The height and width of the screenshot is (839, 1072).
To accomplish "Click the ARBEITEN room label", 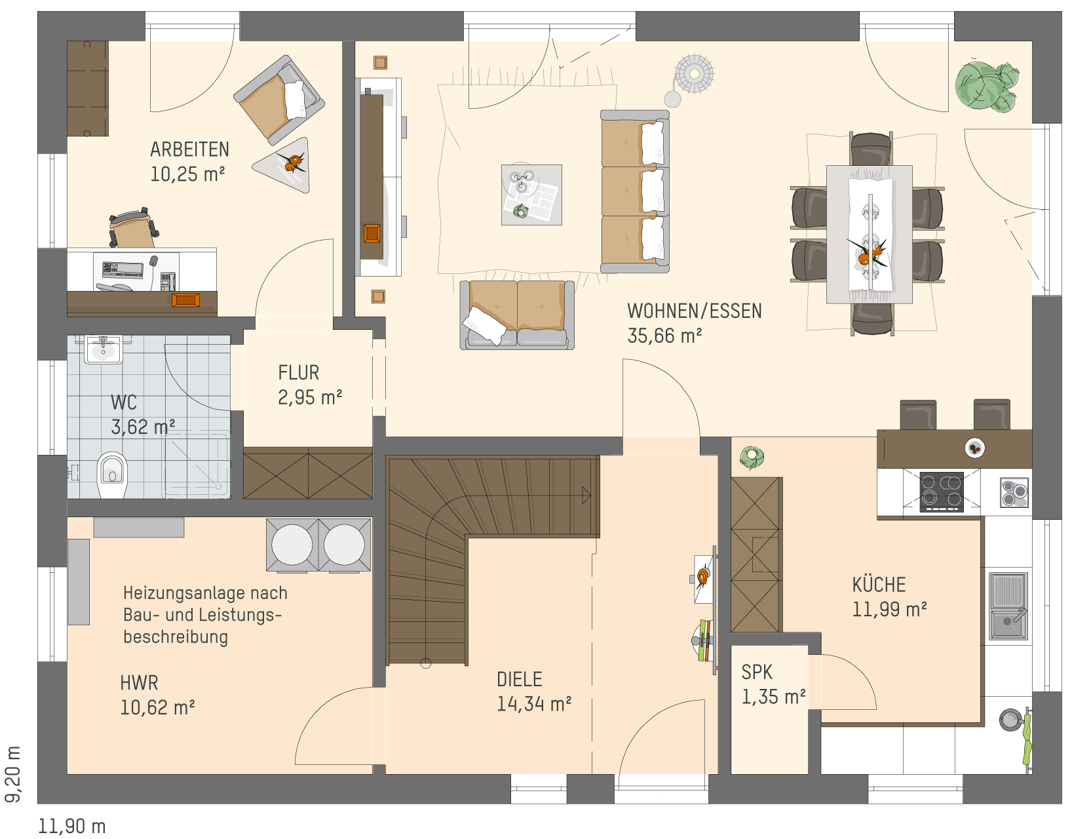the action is [x=189, y=149].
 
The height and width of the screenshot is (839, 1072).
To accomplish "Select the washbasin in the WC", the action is [x=103, y=349].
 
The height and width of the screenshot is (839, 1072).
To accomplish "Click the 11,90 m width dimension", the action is [x=71, y=826].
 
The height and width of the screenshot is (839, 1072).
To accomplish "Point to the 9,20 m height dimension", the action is [x=13, y=774].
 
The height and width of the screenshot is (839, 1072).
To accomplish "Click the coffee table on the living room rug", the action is [x=531, y=195].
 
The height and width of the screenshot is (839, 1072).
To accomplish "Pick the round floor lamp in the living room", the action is [x=694, y=74].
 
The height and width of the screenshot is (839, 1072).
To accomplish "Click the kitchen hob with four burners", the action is [x=941, y=491].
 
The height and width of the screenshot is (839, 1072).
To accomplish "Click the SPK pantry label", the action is [x=757, y=672].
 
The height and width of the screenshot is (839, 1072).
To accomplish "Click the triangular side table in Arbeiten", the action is [x=285, y=165].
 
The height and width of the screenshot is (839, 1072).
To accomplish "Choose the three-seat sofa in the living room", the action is [x=635, y=191].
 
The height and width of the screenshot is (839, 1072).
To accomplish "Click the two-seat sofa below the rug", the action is [x=517, y=315].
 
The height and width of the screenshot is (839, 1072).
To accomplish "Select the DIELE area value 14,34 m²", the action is [x=534, y=704].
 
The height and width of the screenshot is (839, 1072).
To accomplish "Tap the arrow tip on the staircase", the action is [x=590, y=496].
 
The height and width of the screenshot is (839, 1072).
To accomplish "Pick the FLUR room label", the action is [x=298, y=372].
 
